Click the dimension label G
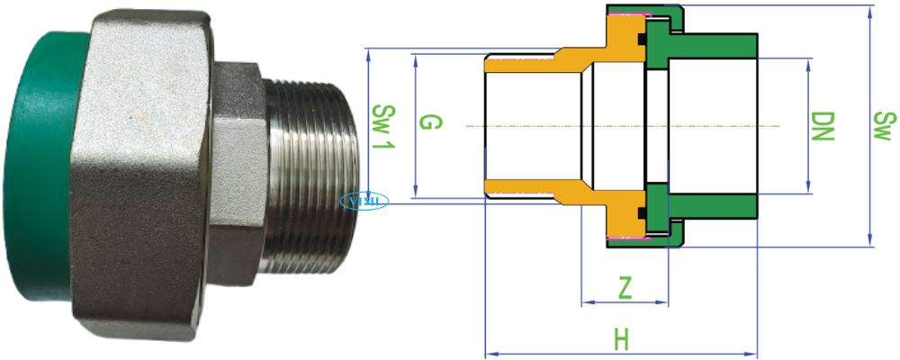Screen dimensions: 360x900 click(430, 123)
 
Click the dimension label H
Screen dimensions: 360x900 click(621, 340)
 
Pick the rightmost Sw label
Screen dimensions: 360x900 click(885, 126)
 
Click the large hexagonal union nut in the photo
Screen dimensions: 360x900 click(144, 171)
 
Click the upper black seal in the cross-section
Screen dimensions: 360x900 click(643, 40)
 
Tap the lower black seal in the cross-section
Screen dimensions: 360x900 click(643, 212)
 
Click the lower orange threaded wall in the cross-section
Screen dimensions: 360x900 click(522, 188)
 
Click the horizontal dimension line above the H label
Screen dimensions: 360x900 click(621, 354)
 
